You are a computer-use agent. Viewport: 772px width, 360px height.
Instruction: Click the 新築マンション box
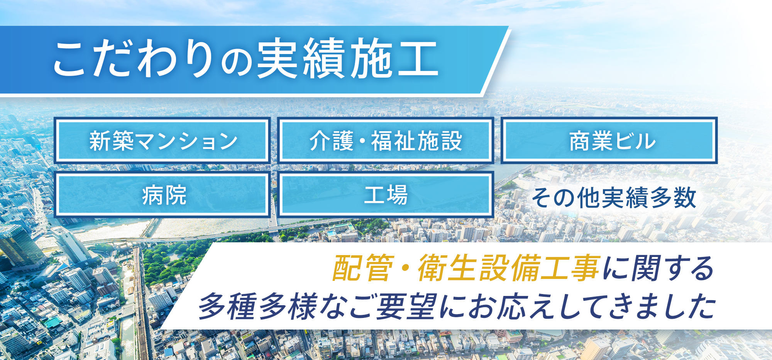(x=162, y=140)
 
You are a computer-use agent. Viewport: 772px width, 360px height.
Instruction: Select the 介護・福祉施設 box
(x=386, y=140)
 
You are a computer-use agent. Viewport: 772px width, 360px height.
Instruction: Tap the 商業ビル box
(x=609, y=140)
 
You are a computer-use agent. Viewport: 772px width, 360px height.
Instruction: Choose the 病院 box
(x=162, y=194)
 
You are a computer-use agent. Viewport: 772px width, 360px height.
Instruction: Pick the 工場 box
(x=386, y=194)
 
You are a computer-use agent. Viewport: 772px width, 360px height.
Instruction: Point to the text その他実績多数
(x=614, y=198)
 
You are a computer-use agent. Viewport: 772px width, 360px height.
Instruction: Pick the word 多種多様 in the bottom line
(x=258, y=306)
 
